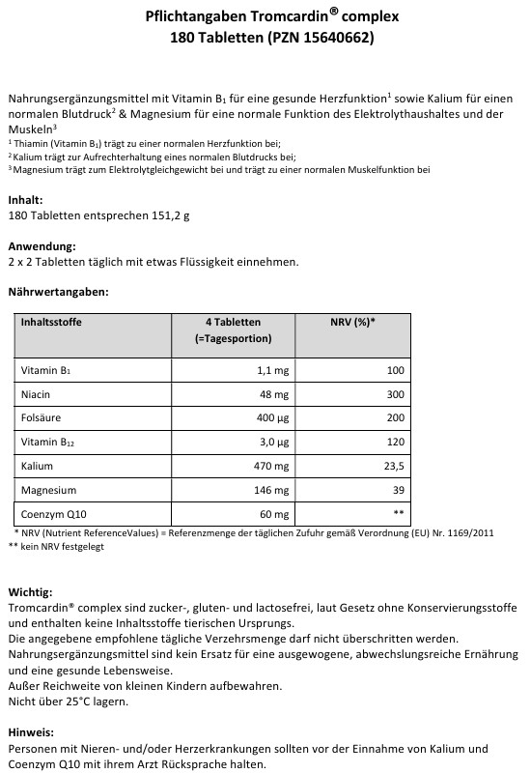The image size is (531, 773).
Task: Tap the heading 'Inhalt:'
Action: point(25,200)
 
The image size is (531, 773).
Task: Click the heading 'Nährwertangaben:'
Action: point(58,291)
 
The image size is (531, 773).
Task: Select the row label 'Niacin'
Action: point(36,394)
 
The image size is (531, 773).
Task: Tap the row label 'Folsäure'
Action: point(40,419)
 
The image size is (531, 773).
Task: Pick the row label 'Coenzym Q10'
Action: point(50,514)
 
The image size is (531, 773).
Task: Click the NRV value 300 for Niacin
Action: point(394,394)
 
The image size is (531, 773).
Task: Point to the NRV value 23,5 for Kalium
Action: point(391,467)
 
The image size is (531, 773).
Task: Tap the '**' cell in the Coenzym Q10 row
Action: point(398,514)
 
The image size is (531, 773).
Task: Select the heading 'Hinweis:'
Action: point(30,732)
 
